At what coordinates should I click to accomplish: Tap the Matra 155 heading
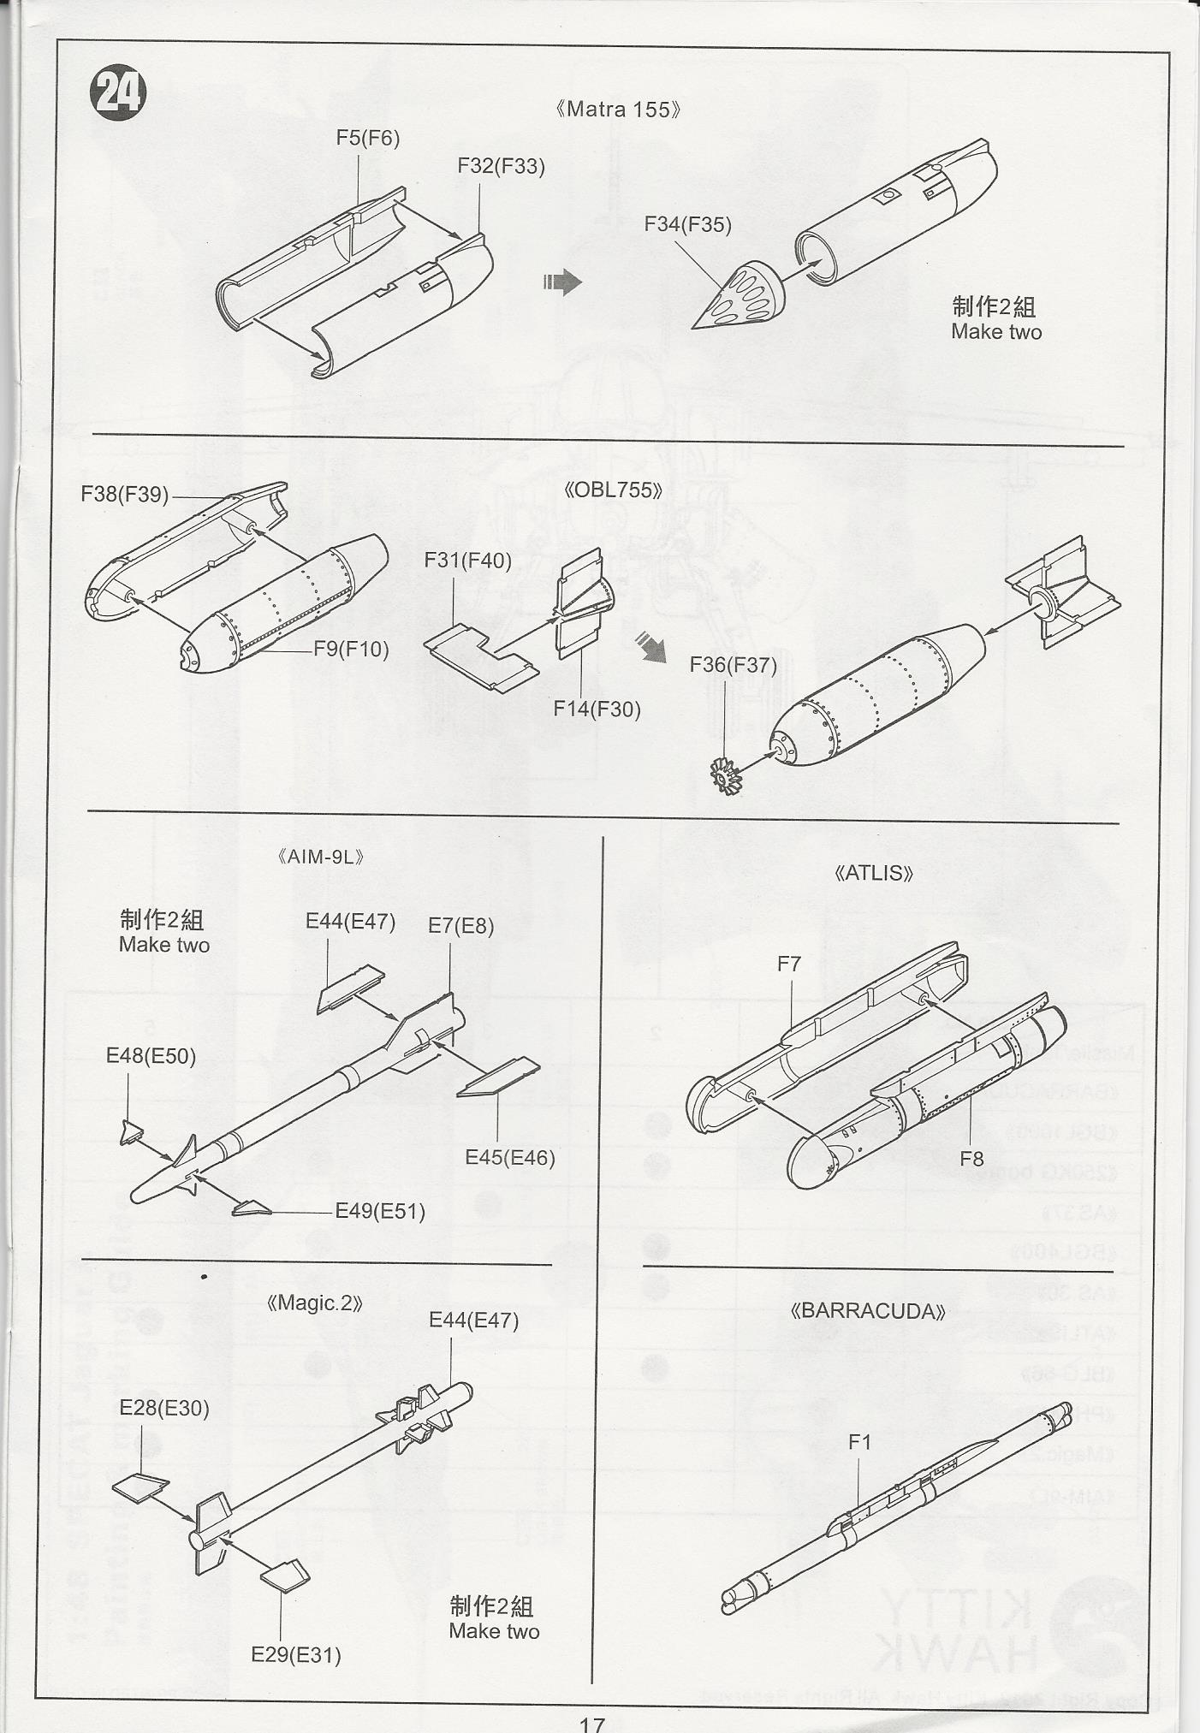(x=617, y=110)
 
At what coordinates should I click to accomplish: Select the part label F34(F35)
(x=687, y=224)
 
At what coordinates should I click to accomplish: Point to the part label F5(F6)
(x=367, y=138)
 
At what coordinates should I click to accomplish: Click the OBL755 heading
(x=614, y=490)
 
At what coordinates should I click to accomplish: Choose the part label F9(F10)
(x=351, y=649)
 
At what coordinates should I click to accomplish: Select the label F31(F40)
(x=467, y=561)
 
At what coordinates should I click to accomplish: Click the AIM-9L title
(x=322, y=857)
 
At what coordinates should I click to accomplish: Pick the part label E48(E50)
(x=151, y=1056)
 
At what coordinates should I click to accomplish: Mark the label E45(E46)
(x=510, y=1158)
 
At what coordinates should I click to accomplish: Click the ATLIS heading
(x=873, y=873)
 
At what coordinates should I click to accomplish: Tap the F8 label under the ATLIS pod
(x=971, y=1159)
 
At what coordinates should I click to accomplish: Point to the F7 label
(x=788, y=964)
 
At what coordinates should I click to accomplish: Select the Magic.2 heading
(x=315, y=1303)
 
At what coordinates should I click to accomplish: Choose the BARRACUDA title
(x=869, y=1312)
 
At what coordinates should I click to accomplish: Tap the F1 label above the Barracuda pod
(x=859, y=1442)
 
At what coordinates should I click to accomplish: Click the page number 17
(x=592, y=1723)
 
